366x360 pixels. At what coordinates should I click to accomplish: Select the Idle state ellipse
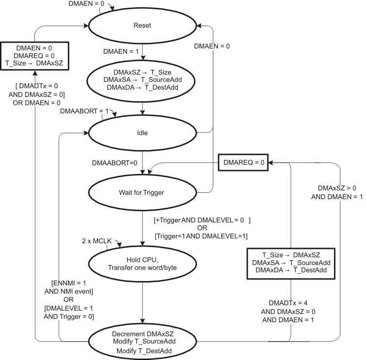[x=143, y=132]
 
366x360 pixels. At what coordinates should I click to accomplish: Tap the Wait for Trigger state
[x=143, y=192]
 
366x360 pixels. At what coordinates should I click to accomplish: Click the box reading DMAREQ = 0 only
[x=242, y=163]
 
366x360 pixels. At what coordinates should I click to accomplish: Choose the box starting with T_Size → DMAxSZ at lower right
[x=291, y=264]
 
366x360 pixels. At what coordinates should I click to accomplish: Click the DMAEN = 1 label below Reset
[x=118, y=51]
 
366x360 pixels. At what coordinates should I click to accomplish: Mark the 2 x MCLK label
[x=97, y=241]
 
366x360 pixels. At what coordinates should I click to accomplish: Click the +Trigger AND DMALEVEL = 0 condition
[x=201, y=220]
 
